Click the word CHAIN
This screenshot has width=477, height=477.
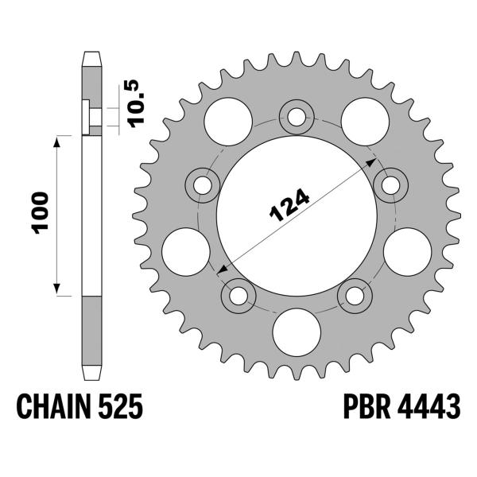pyautogui.click(x=52, y=409)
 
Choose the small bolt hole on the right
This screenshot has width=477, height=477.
pyautogui.click(x=390, y=185)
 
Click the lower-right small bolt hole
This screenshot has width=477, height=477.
pyautogui.click(x=354, y=296)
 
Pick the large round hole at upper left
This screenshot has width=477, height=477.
pyautogui.click(x=224, y=120)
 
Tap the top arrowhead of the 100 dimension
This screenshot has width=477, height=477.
pyautogui.click(x=58, y=139)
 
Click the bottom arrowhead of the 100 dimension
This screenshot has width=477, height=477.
pyautogui.click(x=58, y=291)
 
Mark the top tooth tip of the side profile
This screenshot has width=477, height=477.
pyautogui.click(x=91, y=54)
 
